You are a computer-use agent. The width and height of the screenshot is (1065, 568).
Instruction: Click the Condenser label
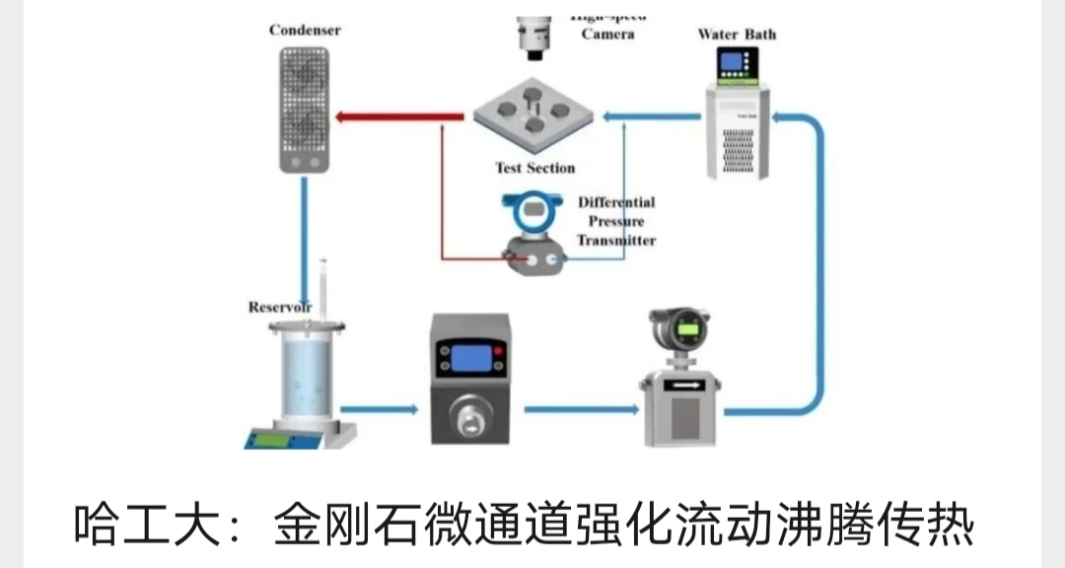pyautogui.click(x=305, y=30)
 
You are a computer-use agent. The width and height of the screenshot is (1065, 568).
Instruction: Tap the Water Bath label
pyautogui.click(x=737, y=35)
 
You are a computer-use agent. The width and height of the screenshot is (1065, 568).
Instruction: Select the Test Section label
pyautogui.click(x=534, y=168)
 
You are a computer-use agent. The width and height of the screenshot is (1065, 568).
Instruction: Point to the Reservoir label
pyautogui.click(x=280, y=308)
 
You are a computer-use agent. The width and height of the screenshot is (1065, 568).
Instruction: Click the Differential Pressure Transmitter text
pyautogui.click(x=616, y=221)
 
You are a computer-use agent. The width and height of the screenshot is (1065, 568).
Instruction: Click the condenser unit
pyautogui.click(x=304, y=108)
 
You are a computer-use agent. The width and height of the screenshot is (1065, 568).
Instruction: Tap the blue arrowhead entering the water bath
pyautogui.click(x=780, y=117)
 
